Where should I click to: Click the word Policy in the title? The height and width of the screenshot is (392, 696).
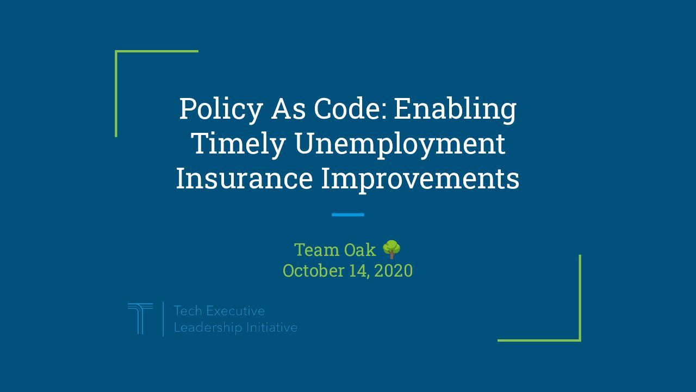click(x=221, y=109)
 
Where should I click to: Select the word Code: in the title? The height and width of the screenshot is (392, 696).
click(x=351, y=108)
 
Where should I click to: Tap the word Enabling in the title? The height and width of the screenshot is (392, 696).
click(x=455, y=109)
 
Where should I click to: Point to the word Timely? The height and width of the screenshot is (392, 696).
click(x=239, y=145)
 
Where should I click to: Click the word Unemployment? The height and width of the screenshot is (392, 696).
click(x=400, y=145)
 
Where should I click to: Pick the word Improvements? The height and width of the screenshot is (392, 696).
click(x=420, y=180)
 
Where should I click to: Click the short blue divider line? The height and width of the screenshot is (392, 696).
click(x=347, y=215)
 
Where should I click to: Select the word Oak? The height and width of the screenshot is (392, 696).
click(x=360, y=250)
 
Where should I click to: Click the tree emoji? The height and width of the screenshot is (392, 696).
click(x=391, y=249)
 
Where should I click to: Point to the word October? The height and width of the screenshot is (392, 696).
click(x=313, y=271)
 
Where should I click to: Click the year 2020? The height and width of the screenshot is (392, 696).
click(x=393, y=271)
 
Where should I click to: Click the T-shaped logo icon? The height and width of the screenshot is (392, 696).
click(x=140, y=318)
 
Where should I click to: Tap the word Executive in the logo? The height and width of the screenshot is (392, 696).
click(x=235, y=311)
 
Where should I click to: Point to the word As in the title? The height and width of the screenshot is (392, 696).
click(x=288, y=109)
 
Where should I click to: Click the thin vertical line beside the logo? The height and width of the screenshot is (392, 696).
click(x=163, y=319)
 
